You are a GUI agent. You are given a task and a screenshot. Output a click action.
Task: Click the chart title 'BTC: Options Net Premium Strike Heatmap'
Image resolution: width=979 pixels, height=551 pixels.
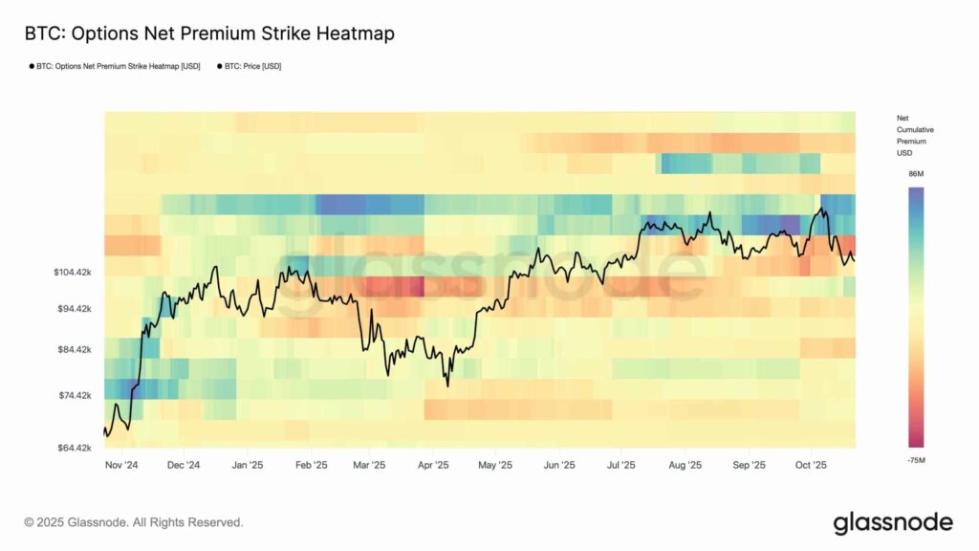[209, 33]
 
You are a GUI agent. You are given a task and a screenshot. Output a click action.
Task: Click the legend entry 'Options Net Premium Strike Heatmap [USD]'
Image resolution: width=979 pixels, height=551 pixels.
[115, 66]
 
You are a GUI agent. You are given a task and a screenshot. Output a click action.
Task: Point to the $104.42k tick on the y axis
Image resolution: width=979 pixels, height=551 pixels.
[73, 273]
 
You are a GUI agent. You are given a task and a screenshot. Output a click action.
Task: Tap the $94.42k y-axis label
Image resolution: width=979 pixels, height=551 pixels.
[73, 309]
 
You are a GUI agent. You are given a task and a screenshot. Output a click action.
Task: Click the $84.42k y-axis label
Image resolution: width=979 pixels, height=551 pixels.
[73, 349]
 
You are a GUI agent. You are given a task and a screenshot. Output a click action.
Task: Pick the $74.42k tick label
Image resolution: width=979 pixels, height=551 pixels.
[73, 395]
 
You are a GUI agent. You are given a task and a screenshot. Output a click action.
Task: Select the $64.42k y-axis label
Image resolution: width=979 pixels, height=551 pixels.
[73, 448]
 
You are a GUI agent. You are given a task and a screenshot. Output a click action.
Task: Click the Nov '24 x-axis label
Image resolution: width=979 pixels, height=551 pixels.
[121, 466]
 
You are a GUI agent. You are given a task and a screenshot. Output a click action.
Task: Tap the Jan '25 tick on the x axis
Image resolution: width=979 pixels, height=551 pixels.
[247, 466]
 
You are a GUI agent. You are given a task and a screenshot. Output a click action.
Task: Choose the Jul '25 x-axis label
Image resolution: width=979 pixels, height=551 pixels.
[620, 466]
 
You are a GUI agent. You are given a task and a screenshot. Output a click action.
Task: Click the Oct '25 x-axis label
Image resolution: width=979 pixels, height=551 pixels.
[810, 466]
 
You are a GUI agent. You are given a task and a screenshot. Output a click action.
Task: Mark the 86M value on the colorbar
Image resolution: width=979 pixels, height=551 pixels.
[915, 175]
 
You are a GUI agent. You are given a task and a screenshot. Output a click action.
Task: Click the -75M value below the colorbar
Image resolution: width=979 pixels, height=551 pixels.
[915, 459]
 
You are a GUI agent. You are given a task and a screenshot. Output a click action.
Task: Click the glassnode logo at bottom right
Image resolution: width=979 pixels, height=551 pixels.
[892, 522]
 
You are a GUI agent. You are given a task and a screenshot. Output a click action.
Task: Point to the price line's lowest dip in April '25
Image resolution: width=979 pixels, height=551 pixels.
[447, 385]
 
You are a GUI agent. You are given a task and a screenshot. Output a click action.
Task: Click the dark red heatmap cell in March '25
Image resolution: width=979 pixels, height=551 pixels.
[392, 286]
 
